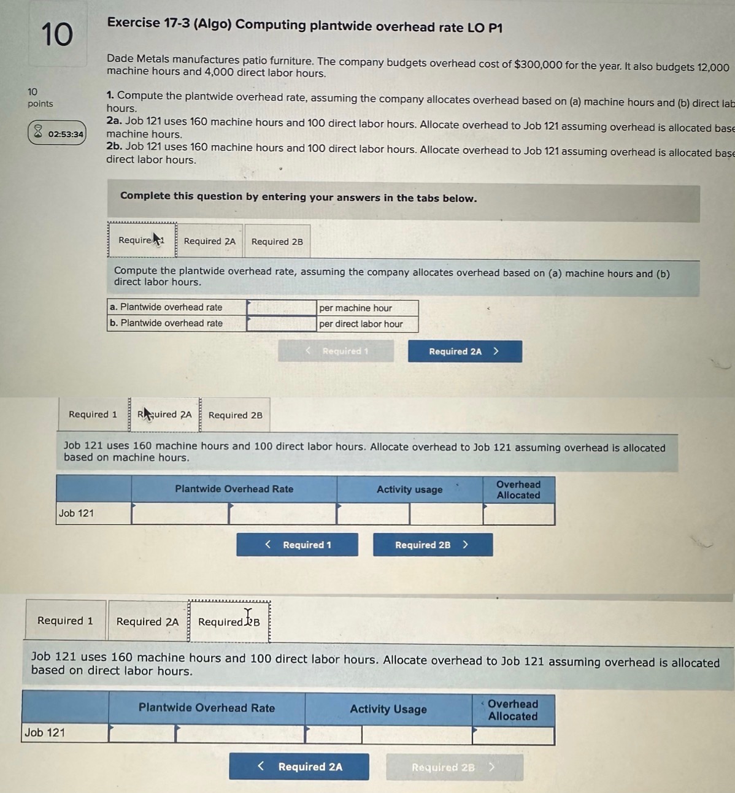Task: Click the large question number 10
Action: pyautogui.click(x=56, y=34)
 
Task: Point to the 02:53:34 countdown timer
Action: pyautogui.click(x=57, y=133)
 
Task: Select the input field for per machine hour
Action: pyautogui.click(x=281, y=307)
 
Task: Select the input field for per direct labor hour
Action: pyautogui.click(x=281, y=323)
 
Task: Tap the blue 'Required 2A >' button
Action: pyautogui.click(x=464, y=351)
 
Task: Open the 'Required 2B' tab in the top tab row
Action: pyautogui.click(x=277, y=242)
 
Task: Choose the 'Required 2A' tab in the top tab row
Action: pyautogui.click(x=209, y=241)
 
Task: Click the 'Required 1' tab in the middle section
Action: pyautogui.click(x=93, y=415)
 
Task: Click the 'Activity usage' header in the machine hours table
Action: pyautogui.click(x=409, y=489)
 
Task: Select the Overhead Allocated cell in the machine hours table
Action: pyautogui.click(x=518, y=514)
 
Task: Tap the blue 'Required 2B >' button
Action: pyautogui.click(x=433, y=545)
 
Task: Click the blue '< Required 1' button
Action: pyautogui.click(x=298, y=545)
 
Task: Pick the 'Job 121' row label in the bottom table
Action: pyautogui.click(x=45, y=733)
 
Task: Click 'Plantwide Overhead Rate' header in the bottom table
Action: pyautogui.click(x=207, y=708)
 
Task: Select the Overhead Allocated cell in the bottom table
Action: pyautogui.click(x=513, y=735)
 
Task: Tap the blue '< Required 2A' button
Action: pyautogui.click(x=299, y=767)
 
